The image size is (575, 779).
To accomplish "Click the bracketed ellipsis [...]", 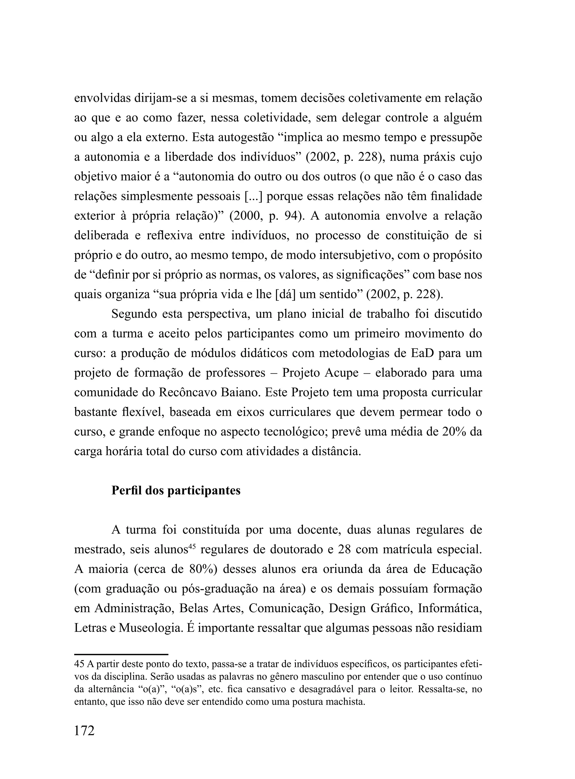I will click(x=253, y=197).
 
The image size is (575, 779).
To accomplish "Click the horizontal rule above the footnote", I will click(x=121, y=654).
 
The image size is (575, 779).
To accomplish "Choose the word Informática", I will click(x=450, y=609).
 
